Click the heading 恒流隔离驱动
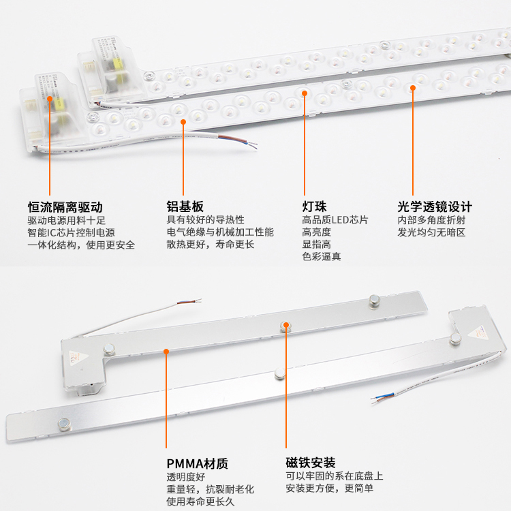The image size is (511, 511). click(x=65, y=206)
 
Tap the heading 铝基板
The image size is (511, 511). click(x=185, y=206)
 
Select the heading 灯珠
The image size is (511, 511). click(x=315, y=206)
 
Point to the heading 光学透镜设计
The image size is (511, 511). click(x=435, y=206)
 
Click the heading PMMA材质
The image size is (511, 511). click(x=197, y=463)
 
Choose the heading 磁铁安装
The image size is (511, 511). click(x=311, y=463)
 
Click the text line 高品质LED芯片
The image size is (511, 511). click(x=335, y=220)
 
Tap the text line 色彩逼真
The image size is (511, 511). click(x=322, y=257)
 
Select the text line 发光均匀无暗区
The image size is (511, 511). click(x=431, y=232)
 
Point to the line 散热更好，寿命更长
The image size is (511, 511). click(x=211, y=245)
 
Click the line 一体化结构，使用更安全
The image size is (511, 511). click(x=81, y=245)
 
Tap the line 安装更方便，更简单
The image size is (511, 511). click(x=330, y=488)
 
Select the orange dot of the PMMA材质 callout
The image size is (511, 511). click(x=166, y=352)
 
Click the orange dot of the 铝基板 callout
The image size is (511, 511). click(x=183, y=122)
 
